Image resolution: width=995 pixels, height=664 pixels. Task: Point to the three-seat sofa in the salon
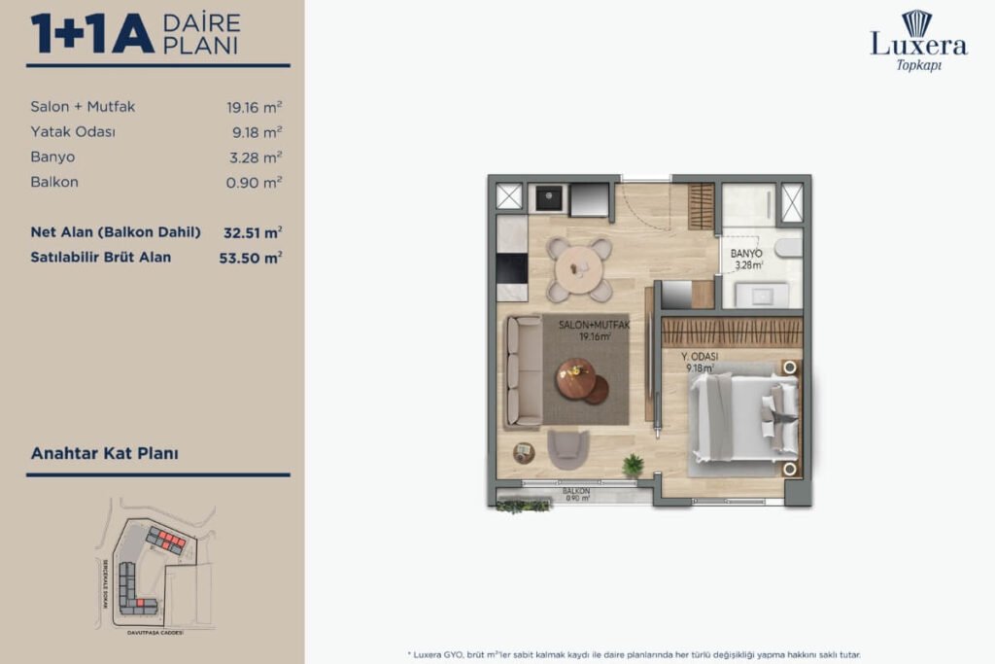click(x=524, y=370)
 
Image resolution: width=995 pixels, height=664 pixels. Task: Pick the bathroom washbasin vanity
click(x=760, y=295)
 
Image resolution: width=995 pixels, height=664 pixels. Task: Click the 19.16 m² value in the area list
click(x=255, y=107)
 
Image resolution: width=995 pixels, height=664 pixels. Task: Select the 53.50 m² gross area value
click(x=251, y=258)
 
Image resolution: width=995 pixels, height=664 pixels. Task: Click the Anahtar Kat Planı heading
click(x=104, y=453)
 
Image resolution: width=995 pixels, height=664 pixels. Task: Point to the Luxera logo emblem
click(x=916, y=22)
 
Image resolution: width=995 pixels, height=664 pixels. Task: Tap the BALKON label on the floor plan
click(x=576, y=492)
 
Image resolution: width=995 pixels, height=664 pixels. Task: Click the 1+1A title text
click(x=92, y=34)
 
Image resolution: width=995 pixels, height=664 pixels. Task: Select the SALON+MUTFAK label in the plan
click(x=594, y=326)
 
